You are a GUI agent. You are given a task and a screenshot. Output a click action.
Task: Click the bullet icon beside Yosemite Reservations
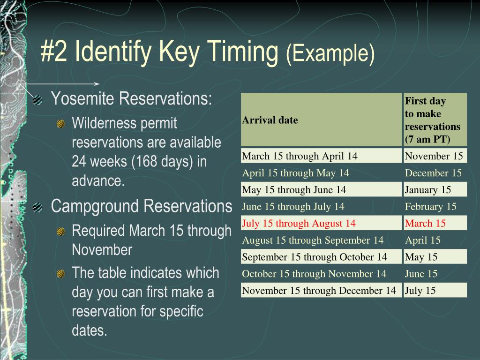click(x=38, y=100)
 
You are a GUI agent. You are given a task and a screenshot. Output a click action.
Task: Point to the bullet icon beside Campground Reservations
click(x=38, y=207)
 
